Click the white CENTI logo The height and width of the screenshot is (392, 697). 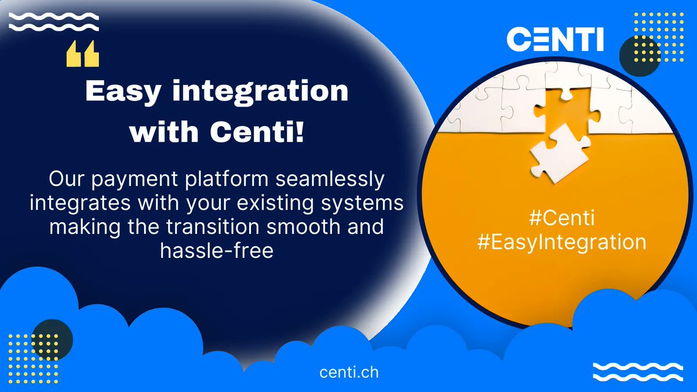[555, 39]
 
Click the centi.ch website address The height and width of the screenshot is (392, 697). [348, 372]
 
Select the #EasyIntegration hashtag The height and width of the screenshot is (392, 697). [561, 242]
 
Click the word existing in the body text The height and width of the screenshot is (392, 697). [256, 204]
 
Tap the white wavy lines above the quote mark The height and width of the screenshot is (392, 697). [54, 23]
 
